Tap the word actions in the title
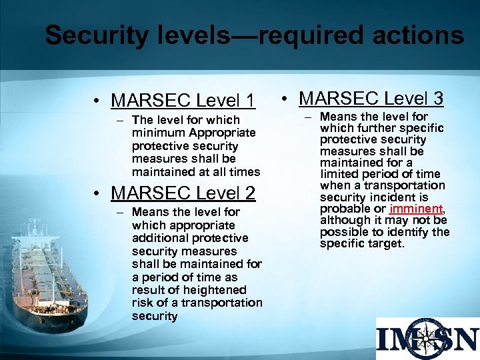tap(413, 36)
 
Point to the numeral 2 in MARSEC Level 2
tap(249, 193)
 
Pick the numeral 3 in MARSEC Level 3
tap(437, 99)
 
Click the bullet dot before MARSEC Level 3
tap(285, 99)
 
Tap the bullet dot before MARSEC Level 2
tap(97, 194)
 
